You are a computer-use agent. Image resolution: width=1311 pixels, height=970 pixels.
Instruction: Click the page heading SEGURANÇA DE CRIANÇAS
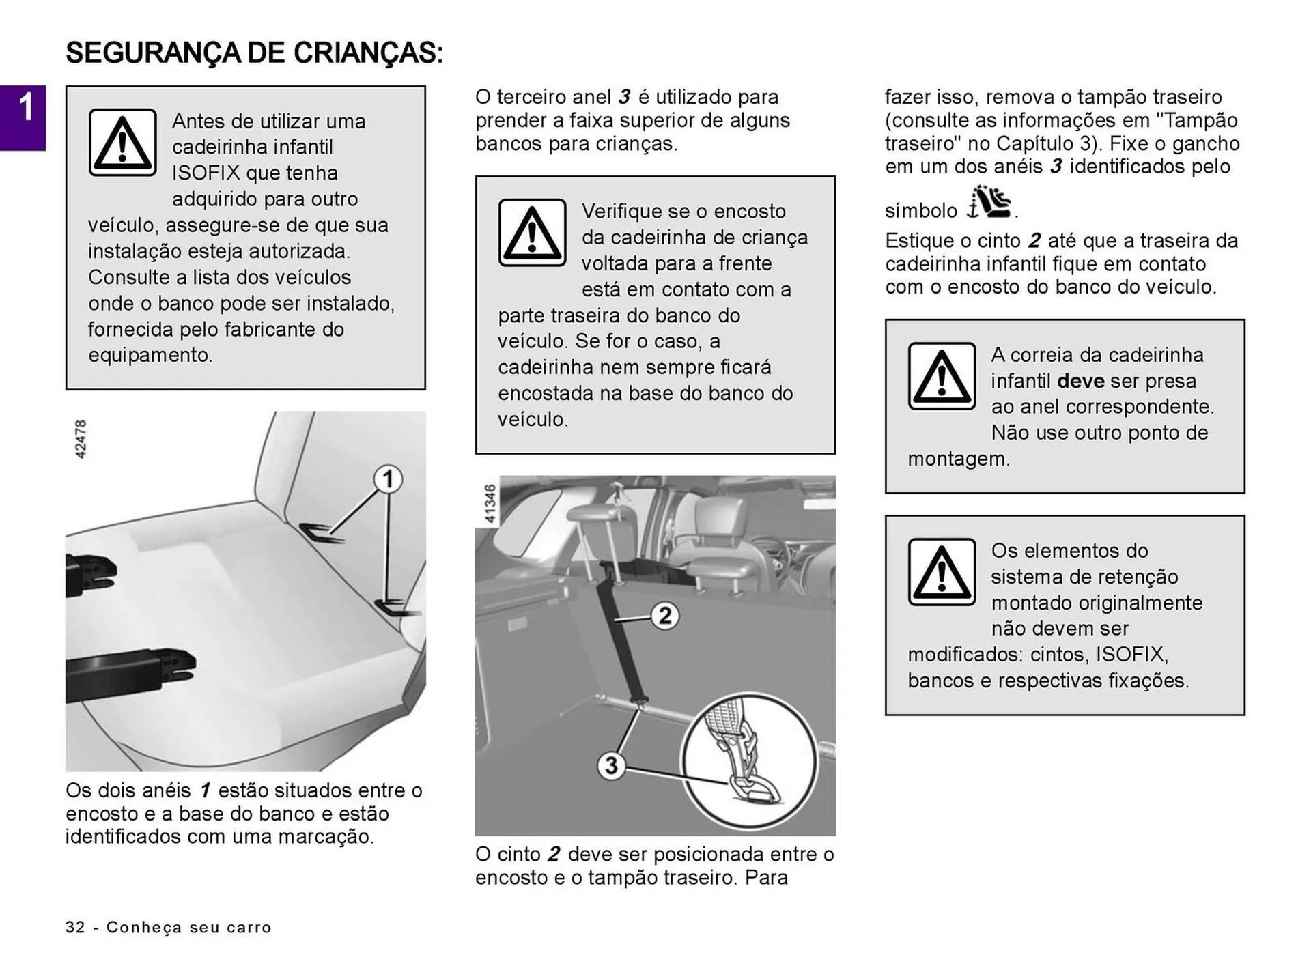[254, 53]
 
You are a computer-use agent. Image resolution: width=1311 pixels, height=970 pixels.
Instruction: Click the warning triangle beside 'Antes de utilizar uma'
[123, 143]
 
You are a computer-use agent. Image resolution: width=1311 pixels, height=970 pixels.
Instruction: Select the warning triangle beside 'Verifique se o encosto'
[532, 233]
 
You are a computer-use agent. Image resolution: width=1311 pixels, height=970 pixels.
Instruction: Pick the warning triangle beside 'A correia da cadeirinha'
[942, 376]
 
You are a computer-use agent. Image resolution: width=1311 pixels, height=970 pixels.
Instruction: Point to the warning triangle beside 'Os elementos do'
[942, 572]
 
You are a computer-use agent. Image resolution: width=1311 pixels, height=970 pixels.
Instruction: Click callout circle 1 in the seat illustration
[388, 479]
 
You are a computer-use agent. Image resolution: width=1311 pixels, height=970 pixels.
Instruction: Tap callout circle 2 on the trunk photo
[664, 616]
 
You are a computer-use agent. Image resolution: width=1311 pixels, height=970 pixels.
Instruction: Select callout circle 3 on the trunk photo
[611, 765]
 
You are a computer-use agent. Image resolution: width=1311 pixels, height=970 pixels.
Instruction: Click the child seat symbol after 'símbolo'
[989, 203]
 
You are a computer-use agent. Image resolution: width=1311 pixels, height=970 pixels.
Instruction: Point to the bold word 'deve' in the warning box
[1080, 381]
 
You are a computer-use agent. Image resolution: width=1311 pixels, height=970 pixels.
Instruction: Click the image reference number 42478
[81, 439]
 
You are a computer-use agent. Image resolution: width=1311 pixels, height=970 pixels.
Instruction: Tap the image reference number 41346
[490, 504]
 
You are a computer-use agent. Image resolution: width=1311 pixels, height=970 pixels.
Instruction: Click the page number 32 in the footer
[75, 927]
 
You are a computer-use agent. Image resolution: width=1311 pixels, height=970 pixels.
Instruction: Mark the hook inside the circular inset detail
[755, 785]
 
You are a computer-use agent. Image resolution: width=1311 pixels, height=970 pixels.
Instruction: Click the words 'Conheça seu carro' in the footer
[189, 927]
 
